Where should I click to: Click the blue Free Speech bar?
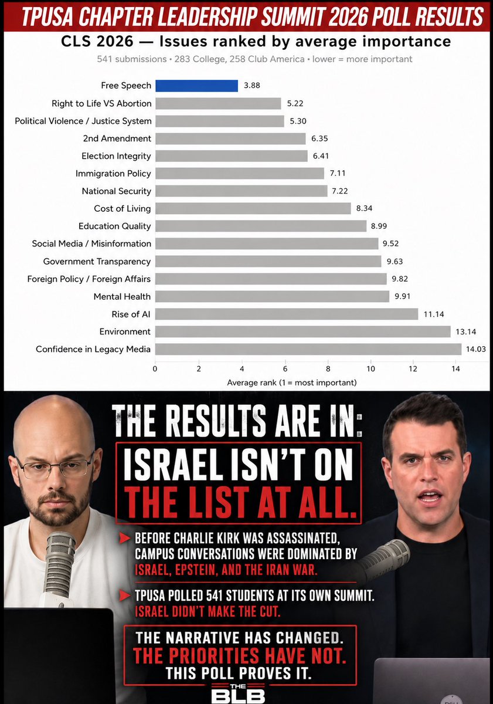click(x=196, y=86)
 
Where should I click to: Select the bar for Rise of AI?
click(x=287, y=314)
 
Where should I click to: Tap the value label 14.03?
click(x=476, y=349)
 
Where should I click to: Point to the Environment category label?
click(x=125, y=331)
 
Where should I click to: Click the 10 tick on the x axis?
click(x=370, y=368)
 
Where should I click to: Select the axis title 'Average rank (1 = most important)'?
click(x=292, y=383)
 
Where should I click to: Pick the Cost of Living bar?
click(x=253, y=208)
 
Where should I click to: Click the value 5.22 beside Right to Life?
click(x=295, y=103)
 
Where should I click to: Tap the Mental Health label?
click(x=122, y=296)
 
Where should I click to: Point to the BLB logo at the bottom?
click(x=238, y=694)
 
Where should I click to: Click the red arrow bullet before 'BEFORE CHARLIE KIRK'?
click(x=125, y=539)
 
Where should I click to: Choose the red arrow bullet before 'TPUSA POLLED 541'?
click(x=125, y=595)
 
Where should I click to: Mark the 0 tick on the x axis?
click(x=155, y=368)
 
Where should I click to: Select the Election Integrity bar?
click(x=232, y=156)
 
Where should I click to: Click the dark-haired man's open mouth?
click(x=429, y=496)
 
